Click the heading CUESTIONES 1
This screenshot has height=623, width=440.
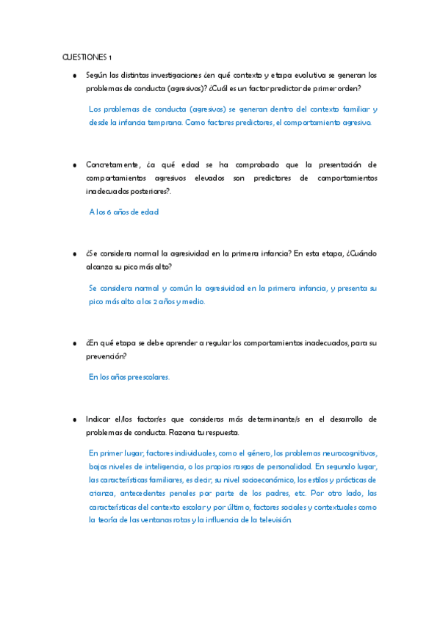(x=87, y=57)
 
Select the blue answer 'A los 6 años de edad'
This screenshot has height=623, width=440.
(x=123, y=212)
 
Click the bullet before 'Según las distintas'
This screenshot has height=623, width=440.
(x=75, y=76)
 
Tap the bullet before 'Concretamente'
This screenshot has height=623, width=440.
(x=75, y=165)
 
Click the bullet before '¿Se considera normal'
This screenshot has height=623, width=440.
(x=75, y=254)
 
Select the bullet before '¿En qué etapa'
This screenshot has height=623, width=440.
(x=75, y=343)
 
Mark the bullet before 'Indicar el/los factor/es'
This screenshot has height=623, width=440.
(x=75, y=419)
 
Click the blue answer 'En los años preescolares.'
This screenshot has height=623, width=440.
(x=129, y=377)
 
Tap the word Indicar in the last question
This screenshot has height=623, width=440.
(x=98, y=419)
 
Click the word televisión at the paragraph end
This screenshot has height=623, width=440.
(x=271, y=519)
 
